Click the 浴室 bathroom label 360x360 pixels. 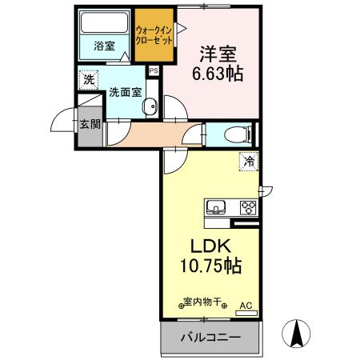[105, 46]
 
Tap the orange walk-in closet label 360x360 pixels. [154, 34]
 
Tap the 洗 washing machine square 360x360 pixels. [87, 80]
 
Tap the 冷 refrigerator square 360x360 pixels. [249, 161]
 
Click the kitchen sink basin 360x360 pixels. [216, 208]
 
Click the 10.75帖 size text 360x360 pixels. [211, 265]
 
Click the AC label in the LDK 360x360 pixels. [246, 305]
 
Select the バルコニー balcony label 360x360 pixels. [210, 338]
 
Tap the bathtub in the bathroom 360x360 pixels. [104, 23]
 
